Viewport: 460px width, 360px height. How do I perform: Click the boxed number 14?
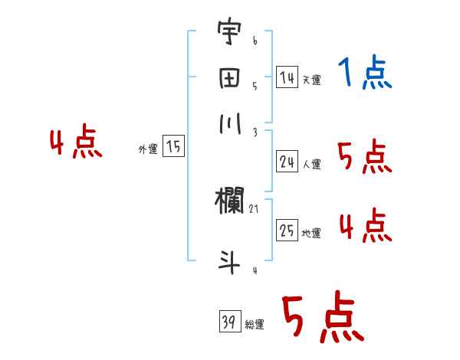(287, 77)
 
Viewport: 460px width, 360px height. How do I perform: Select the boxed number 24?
(287, 161)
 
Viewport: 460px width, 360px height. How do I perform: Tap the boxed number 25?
(287, 230)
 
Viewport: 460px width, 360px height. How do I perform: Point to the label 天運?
(312, 80)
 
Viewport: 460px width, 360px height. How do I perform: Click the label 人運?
(312, 163)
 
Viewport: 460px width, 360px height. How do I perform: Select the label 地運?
(312, 233)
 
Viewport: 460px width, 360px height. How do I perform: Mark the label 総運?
(255, 324)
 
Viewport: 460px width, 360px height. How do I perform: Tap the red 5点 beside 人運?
(365, 158)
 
